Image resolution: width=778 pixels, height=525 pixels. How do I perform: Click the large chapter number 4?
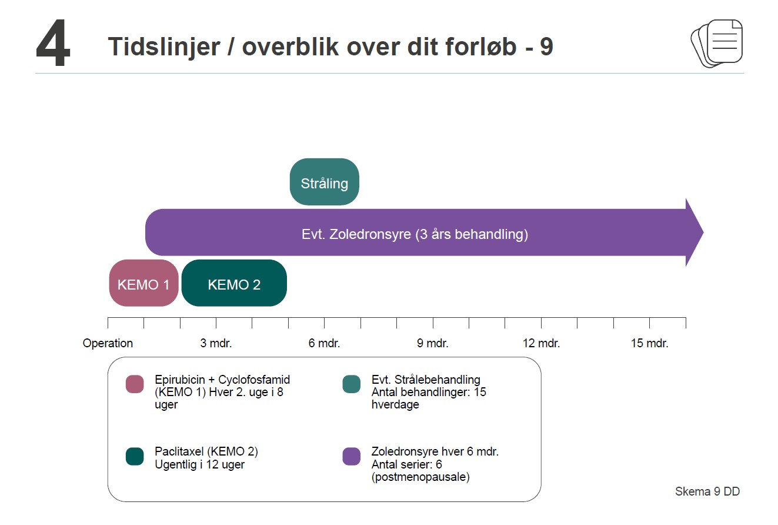click(x=53, y=42)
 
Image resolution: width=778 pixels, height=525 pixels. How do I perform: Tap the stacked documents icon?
click(x=716, y=43)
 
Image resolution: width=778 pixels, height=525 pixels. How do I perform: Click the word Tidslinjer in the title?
click(x=164, y=47)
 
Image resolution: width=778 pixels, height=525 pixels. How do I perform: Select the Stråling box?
click(x=325, y=182)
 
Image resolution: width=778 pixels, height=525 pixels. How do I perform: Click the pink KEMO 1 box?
click(x=144, y=283)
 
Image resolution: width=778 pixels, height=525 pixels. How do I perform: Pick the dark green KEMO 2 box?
click(x=234, y=283)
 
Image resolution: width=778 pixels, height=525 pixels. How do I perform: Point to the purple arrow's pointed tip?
click(x=703, y=232)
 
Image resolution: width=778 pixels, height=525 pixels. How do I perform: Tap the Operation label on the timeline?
click(x=108, y=343)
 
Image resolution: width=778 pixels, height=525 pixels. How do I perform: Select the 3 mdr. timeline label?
click(x=216, y=343)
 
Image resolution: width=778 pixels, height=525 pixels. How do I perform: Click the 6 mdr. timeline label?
click(x=325, y=343)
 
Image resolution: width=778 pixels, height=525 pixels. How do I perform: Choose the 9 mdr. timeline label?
click(x=433, y=343)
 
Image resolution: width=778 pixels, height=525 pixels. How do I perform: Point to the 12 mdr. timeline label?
click(x=541, y=343)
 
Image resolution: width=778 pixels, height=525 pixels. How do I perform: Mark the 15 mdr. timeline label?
click(x=649, y=343)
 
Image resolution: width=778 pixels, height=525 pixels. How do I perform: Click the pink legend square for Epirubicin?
click(x=135, y=384)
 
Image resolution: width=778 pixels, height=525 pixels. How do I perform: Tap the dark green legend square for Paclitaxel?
click(x=135, y=456)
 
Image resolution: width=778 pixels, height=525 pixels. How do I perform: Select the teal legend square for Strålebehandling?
click(x=352, y=384)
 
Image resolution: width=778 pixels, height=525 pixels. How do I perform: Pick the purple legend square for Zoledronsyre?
click(x=352, y=456)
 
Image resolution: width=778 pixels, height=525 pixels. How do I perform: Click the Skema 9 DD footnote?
click(x=707, y=491)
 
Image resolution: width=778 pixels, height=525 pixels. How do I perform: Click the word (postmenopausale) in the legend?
click(x=420, y=477)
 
